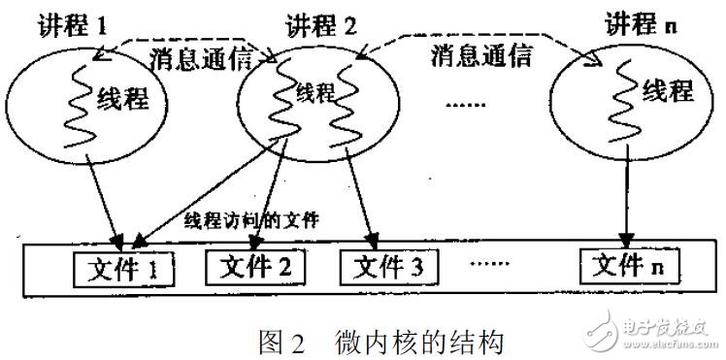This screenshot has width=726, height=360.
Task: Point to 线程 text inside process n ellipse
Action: tap(668, 94)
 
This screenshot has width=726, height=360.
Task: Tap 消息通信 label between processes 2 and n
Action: tap(481, 57)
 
